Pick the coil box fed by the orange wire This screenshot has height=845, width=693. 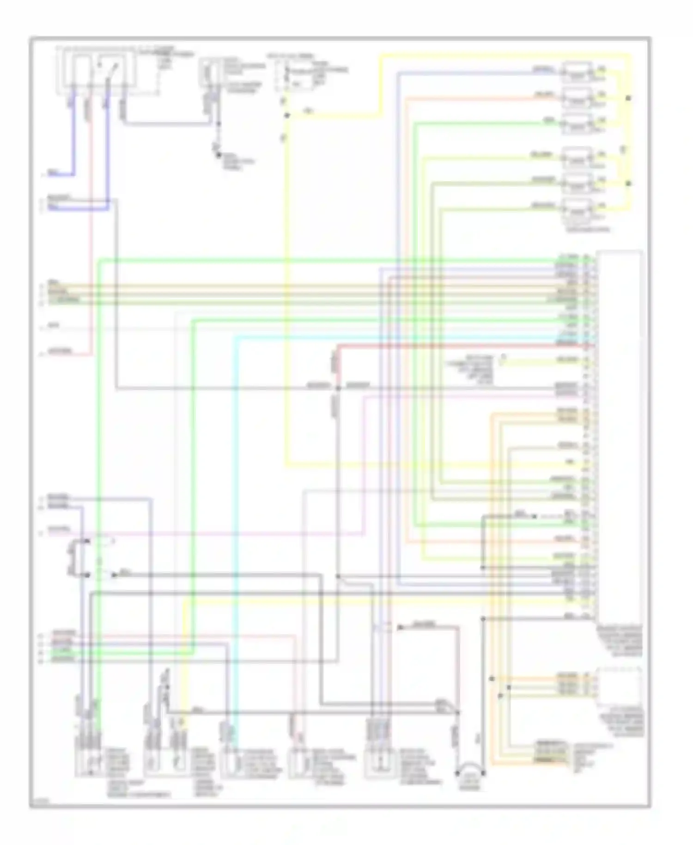coord(577,98)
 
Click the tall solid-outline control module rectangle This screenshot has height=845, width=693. coord(619,437)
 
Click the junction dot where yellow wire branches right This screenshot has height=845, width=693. coord(287,115)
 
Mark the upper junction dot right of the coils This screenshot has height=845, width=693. coord(628,98)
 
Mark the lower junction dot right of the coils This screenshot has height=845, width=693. coord(628,184)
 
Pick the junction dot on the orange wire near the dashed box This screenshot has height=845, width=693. coord(492,679)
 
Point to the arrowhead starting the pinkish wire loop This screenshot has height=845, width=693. coord(400,627)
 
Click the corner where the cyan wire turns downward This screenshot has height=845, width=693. coord(235,338)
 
